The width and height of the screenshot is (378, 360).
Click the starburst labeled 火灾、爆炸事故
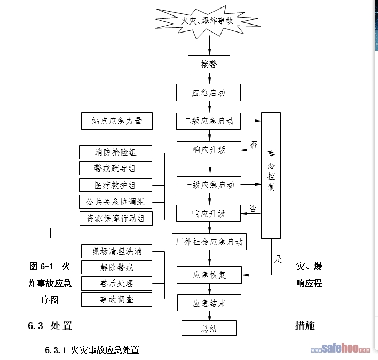click(x=209, y=21)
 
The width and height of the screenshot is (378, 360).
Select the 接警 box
click(x=209, y=65)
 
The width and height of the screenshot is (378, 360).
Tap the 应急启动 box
click(x=209, y=92)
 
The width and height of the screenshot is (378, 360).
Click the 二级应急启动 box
click(x=209, y=121)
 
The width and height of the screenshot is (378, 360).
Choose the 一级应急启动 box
click(x=209, y=185)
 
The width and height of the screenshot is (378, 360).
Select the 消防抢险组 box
click(x=116, y=152)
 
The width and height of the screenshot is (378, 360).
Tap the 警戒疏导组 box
click(x=116, y=169)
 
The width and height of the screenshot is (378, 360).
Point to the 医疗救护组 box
click(x=116, y=185)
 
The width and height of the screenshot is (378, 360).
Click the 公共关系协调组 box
click(x=116, y=202)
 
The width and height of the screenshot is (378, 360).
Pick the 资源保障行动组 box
click(x=116, y=218)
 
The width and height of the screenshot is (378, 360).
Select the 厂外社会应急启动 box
click(x=209, y=241)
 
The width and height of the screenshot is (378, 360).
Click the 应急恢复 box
click(x=209, y=275)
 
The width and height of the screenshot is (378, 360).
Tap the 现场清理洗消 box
click(x=117, y=251)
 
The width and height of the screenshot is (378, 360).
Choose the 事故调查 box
click(x=117, y=299)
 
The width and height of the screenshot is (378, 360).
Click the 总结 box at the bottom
click(x=209, y=329)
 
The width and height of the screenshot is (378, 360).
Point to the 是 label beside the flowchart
click(x=278, y=260)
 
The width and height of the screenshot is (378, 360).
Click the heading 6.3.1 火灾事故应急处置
click(x=92, y=350)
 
